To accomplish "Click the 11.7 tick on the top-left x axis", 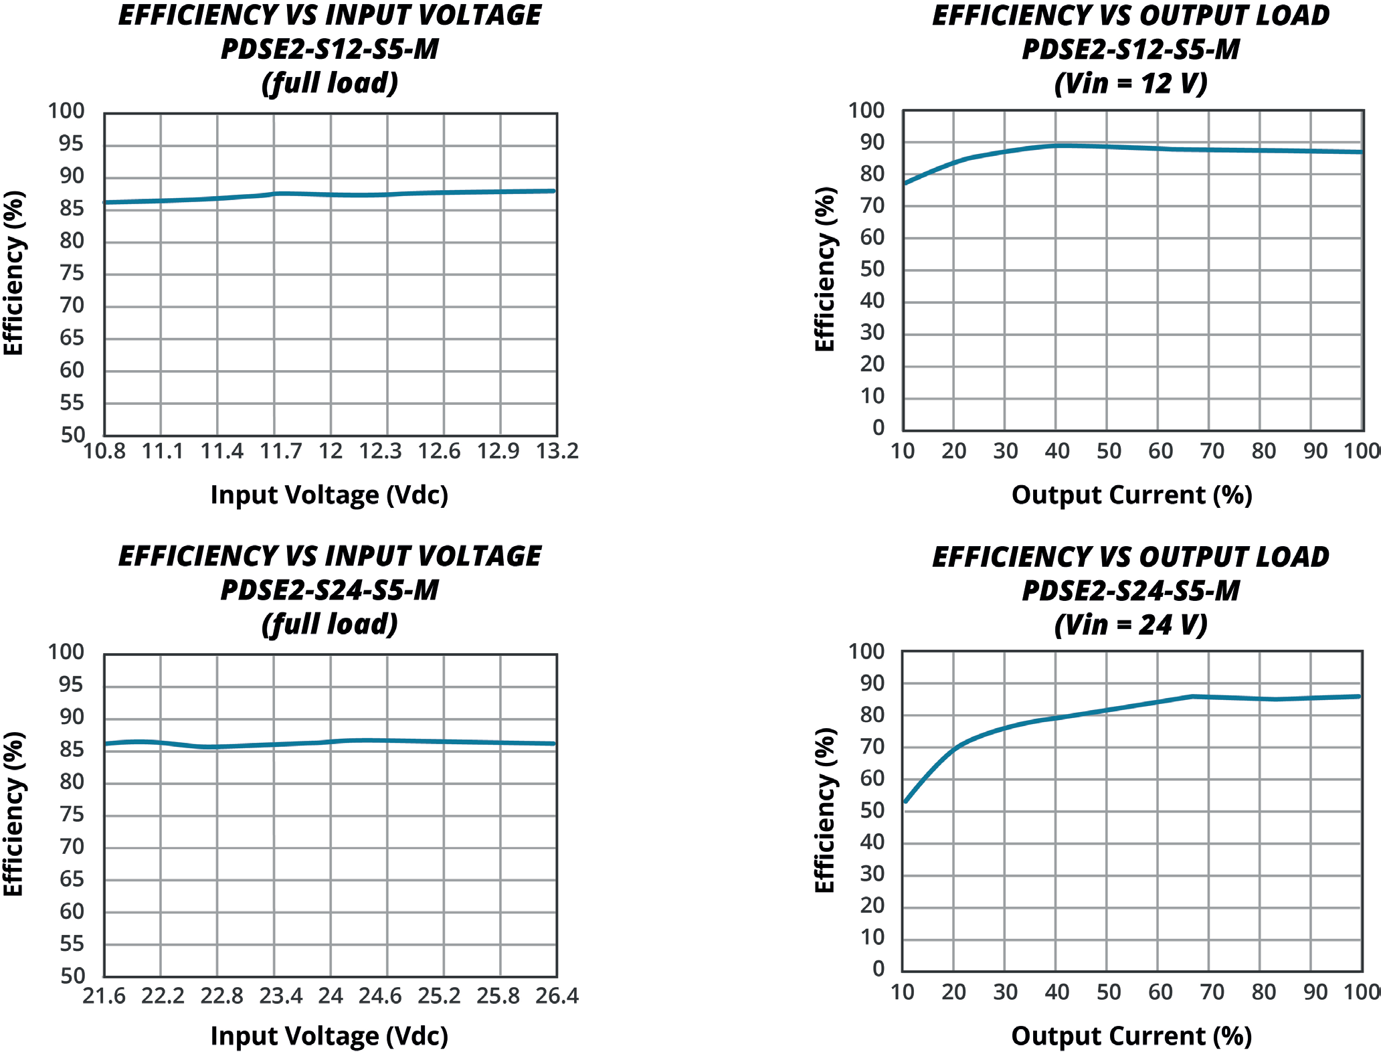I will [x=280, y=452].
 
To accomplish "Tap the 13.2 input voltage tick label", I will [x=557, y=452].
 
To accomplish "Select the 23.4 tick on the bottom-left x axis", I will [x=280, y=996].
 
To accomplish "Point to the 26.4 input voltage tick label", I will [x=557, y=996].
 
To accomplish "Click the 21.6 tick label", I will [x=104, y=996].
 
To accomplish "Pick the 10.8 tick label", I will [x=104, y=452].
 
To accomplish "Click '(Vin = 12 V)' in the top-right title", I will [x=1131, y=84].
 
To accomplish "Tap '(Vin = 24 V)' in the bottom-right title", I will [x=1131, y=625].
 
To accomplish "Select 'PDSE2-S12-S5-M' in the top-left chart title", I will [x=330, y=50].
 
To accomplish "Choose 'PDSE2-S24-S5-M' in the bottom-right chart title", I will [x=1131, y=591].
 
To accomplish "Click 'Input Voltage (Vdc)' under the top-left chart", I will [x=329, y=495].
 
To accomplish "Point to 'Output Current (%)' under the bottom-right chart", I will [x=1131, y=1036].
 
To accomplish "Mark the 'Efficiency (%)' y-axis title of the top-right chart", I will [x=825, y=269].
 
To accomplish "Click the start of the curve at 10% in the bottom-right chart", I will [x=906, y=801].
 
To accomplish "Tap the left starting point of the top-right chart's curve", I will [x=905, y=183].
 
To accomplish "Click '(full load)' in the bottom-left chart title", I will [x=330, y=624].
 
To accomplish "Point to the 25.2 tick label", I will [x=439, y=996].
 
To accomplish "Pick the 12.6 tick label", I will [x=439, y=452].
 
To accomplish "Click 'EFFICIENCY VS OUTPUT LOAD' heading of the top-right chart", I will [x=1131, y=16].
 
